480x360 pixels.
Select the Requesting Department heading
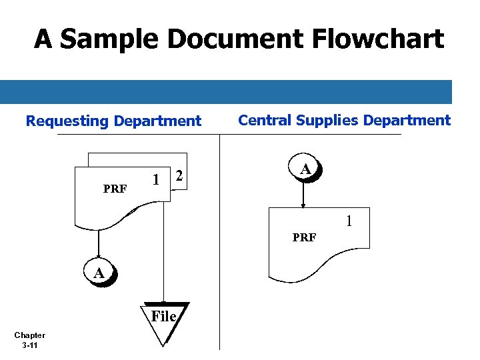[x=113, y=121]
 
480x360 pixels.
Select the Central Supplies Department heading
[x=344, y=121]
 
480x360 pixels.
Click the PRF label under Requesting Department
[x=115, y=189]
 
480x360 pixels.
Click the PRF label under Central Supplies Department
[x=304, y=237]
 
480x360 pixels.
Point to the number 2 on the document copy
[x=178, y=177]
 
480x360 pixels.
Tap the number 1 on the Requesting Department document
[x=155, y=180]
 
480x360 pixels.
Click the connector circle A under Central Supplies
[x=305, y=171]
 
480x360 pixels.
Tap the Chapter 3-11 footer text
[x=29, y=341]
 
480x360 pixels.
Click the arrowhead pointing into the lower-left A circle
[x=99, y=255]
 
